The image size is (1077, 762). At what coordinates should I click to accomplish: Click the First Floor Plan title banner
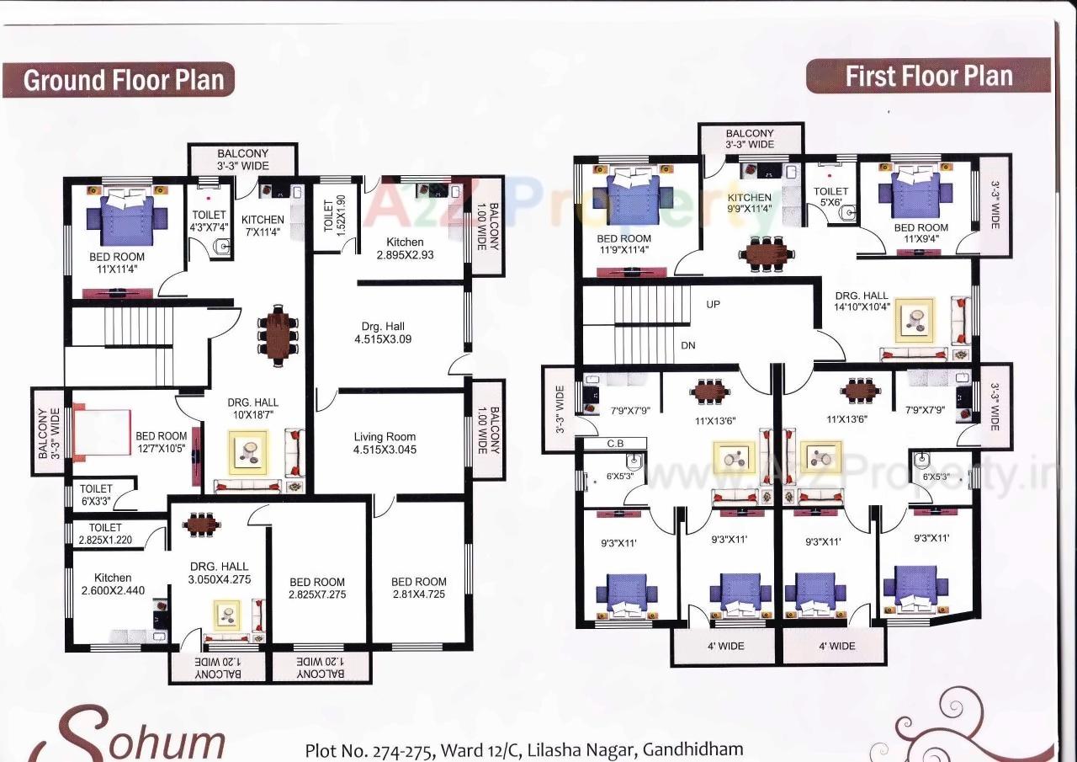(x=928, y=76)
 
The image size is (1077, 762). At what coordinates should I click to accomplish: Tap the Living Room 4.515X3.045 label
(x=385, y=443)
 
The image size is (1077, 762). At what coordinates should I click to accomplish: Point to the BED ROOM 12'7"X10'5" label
(x=162, y=442)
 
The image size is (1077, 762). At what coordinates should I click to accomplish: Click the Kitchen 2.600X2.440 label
(x=113, y=584)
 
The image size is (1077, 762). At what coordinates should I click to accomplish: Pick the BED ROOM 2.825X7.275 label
(x=317, y=588)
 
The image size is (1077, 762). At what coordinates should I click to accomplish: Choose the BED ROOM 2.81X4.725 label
(x=418, y=588)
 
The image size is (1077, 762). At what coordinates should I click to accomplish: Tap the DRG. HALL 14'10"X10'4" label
(x=862, y=302)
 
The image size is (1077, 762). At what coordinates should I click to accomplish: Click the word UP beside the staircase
(x=714, y=304)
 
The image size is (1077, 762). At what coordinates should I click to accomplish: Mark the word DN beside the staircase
(x=688, y=344)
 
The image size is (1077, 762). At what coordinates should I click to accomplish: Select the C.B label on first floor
(x=614, y=443)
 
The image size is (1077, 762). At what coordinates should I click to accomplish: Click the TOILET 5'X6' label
(x=830, y=197)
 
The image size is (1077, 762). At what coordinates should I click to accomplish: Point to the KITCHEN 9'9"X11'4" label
(x=749, y=204)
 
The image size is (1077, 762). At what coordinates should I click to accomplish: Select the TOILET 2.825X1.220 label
(x=105, y=534)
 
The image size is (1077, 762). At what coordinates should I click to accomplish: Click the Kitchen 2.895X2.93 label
(x=405, y=248)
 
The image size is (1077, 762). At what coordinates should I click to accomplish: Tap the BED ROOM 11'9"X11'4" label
(x=624, y=244)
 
